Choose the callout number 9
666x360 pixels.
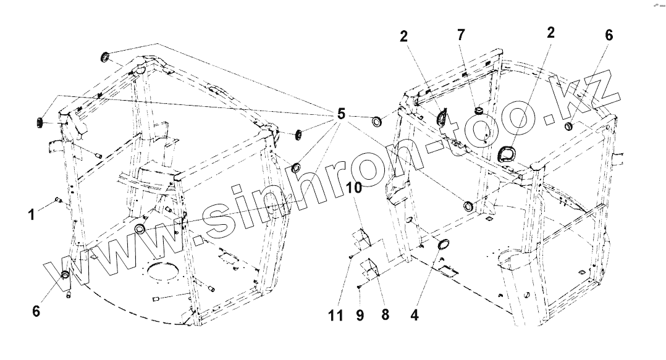click(360, 315)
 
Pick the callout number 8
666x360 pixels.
click(385, 315)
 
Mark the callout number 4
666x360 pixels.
click(414, 315)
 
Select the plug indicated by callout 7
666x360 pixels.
click(478, 111)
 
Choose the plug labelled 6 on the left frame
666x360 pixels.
click(64, 275)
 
